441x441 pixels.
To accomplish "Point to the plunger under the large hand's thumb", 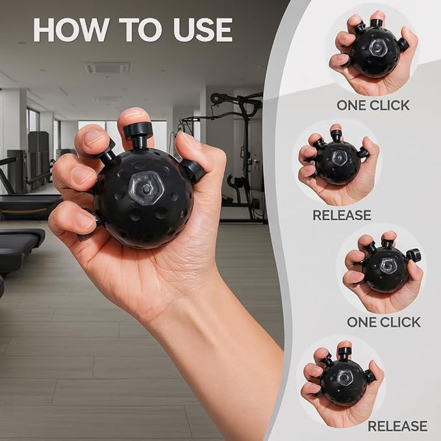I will [x=193, y=171].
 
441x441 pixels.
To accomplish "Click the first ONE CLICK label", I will [x=373, y=105].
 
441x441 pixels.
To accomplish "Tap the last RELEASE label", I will [x=397, y=427].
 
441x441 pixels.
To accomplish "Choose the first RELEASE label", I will [x=342, y=215].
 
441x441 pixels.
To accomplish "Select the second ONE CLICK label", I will [x=383, y=321].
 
